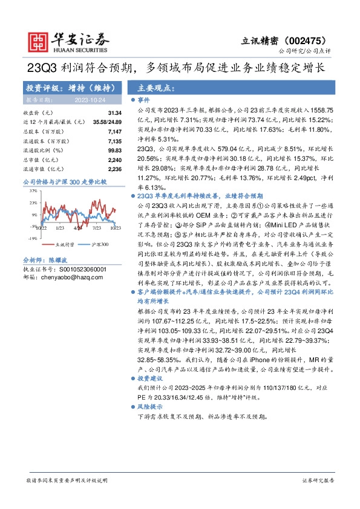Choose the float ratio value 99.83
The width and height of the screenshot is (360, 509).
point(115,149)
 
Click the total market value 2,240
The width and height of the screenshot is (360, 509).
point(115,159)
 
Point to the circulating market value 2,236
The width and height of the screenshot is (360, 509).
point(115,169)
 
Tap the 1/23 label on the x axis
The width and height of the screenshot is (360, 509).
point(59,229)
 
